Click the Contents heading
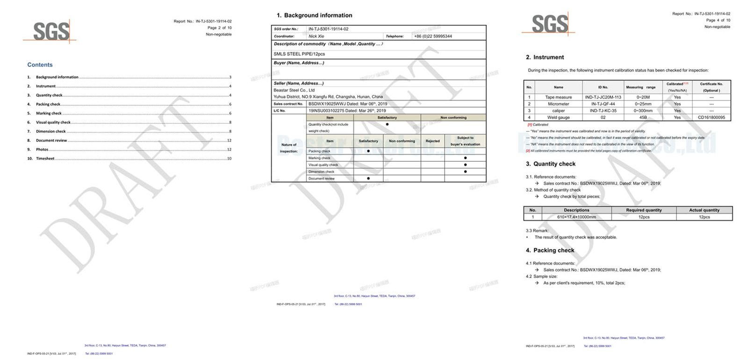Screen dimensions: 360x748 (40, 65)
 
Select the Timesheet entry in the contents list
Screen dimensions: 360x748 (45, 158)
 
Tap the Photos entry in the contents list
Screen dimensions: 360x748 (42, 150)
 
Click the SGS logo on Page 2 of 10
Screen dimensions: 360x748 (50, 32)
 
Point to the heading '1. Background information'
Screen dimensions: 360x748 (314, 15)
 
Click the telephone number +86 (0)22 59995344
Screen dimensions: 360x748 (433, 36)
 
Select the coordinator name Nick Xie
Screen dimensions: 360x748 (316, 36)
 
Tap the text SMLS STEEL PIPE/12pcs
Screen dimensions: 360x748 (299, 54)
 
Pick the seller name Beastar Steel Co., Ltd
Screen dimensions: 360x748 (294, 90)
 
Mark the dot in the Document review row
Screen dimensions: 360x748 (368, 179)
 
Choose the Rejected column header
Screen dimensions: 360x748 (432, 141)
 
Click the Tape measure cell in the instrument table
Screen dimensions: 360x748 (558, 97)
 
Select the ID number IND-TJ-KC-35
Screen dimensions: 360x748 (603, 111)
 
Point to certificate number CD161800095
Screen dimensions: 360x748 (711, 117)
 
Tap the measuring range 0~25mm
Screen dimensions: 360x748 (643, 104)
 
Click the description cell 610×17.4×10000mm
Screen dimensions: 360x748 (576, 217)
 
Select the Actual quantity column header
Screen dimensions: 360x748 (704, 210)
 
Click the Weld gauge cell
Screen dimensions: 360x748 (558, 117)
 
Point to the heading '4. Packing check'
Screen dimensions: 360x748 (550, 251)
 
